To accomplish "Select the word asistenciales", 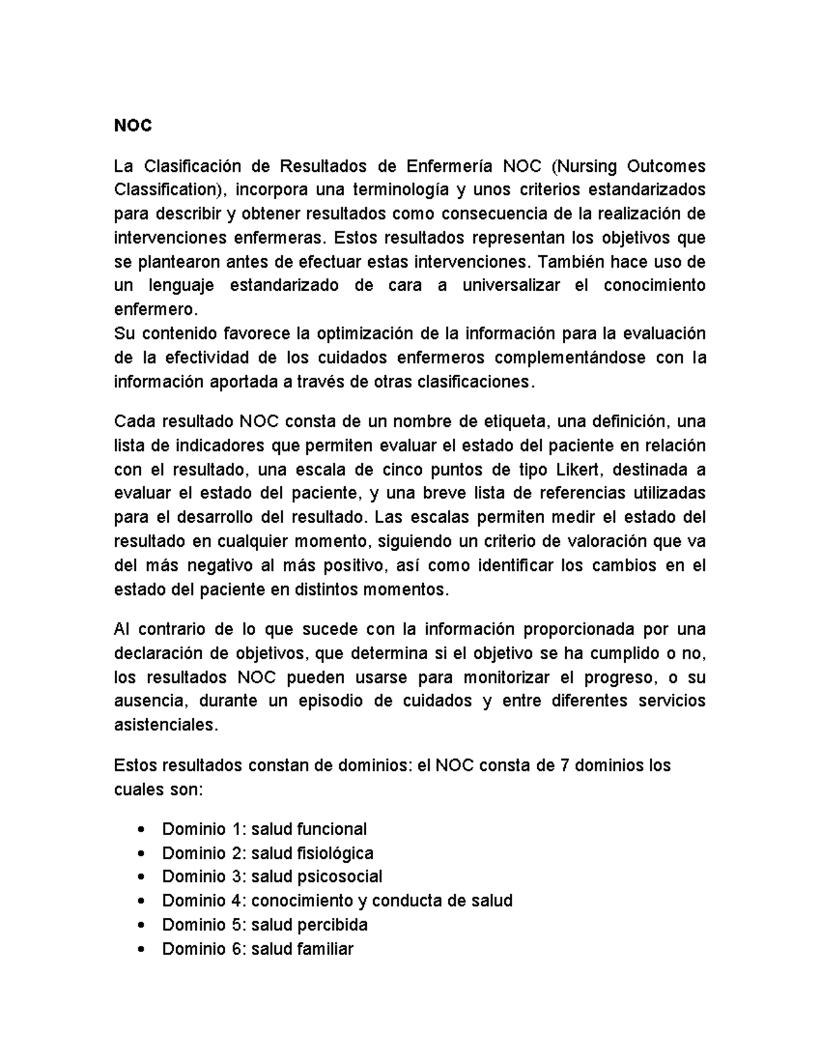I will point(165,726).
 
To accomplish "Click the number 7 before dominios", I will point(564,765).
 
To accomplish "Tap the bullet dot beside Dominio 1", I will point(141,830).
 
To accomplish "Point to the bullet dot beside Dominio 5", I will point(141,925).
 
